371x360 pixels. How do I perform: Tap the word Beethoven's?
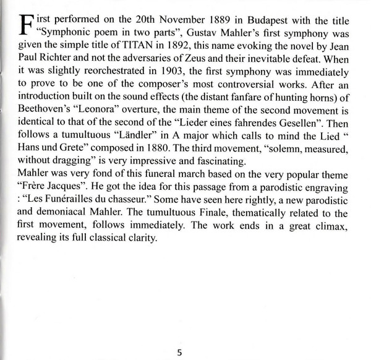(41, 101)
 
